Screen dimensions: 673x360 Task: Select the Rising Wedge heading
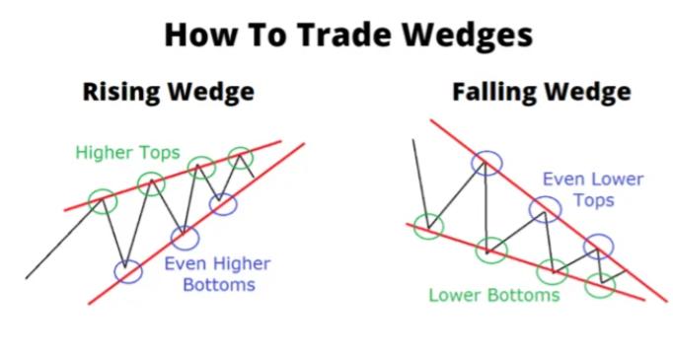pyautogui.click(x=168, y=93)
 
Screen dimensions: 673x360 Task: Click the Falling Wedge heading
pyautogui.click(x=542, y=93)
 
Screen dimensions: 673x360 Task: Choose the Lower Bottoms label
pyautogui.click(x=494, y=294)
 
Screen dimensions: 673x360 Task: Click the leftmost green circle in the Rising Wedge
pyautogui.click(x=102, y=201)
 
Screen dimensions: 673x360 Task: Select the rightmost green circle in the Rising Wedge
pyautogui.click(x=240, y=157)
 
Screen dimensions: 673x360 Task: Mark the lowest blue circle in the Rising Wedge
pyautogui.click(x=126, y=270)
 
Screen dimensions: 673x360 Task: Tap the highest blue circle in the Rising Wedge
pyautogui.click(x=224, y=204)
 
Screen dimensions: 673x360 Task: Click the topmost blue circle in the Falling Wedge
pyautogui.click(x=486, y=163)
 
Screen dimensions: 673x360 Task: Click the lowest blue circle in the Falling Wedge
pyautogui.click(x=597, y=245)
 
